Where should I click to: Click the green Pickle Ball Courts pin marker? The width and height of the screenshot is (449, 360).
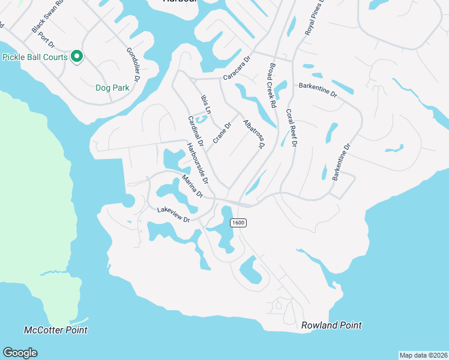click(77, 57)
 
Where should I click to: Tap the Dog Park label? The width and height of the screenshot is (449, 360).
click(112, 88)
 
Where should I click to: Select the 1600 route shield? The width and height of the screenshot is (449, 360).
click(238, 223)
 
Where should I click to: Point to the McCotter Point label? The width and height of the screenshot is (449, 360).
click(55, 330)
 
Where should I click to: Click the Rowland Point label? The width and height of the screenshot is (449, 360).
click(331, 325)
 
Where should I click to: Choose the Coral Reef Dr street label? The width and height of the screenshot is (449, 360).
click(291, 128)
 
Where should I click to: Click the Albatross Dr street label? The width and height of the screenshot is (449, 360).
click(254, 134)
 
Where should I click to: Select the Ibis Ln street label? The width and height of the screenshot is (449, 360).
click(205, 103)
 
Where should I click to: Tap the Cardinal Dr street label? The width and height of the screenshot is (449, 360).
click(196, 131)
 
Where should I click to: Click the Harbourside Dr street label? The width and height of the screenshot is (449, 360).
click(197, 163)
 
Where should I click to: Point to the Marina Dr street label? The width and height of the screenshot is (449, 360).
click(193, 187)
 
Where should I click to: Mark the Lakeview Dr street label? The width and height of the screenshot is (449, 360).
click(173, 215)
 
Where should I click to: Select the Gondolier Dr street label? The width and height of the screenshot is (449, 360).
click(133, 64)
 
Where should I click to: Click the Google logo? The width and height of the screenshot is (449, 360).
click(20, 353)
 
